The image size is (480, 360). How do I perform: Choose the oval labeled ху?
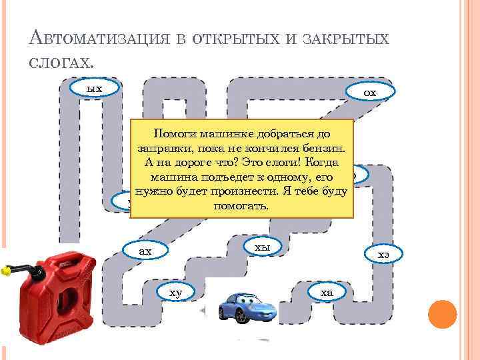tap(175, 292)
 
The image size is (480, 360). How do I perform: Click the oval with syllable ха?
tap(327, 292)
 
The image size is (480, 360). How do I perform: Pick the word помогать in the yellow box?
tap(241, 206)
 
